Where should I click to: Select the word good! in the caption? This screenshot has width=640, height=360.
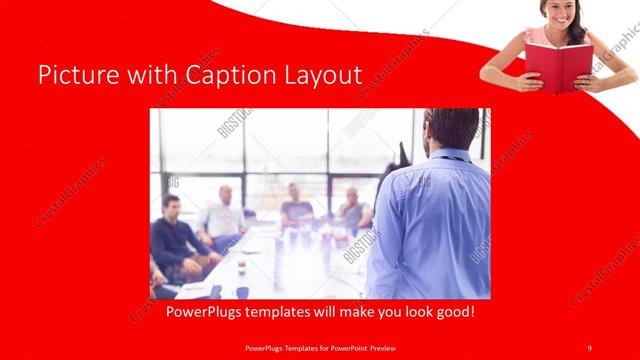tap(452, 312)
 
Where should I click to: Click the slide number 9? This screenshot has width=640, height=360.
tap(589, 347)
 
